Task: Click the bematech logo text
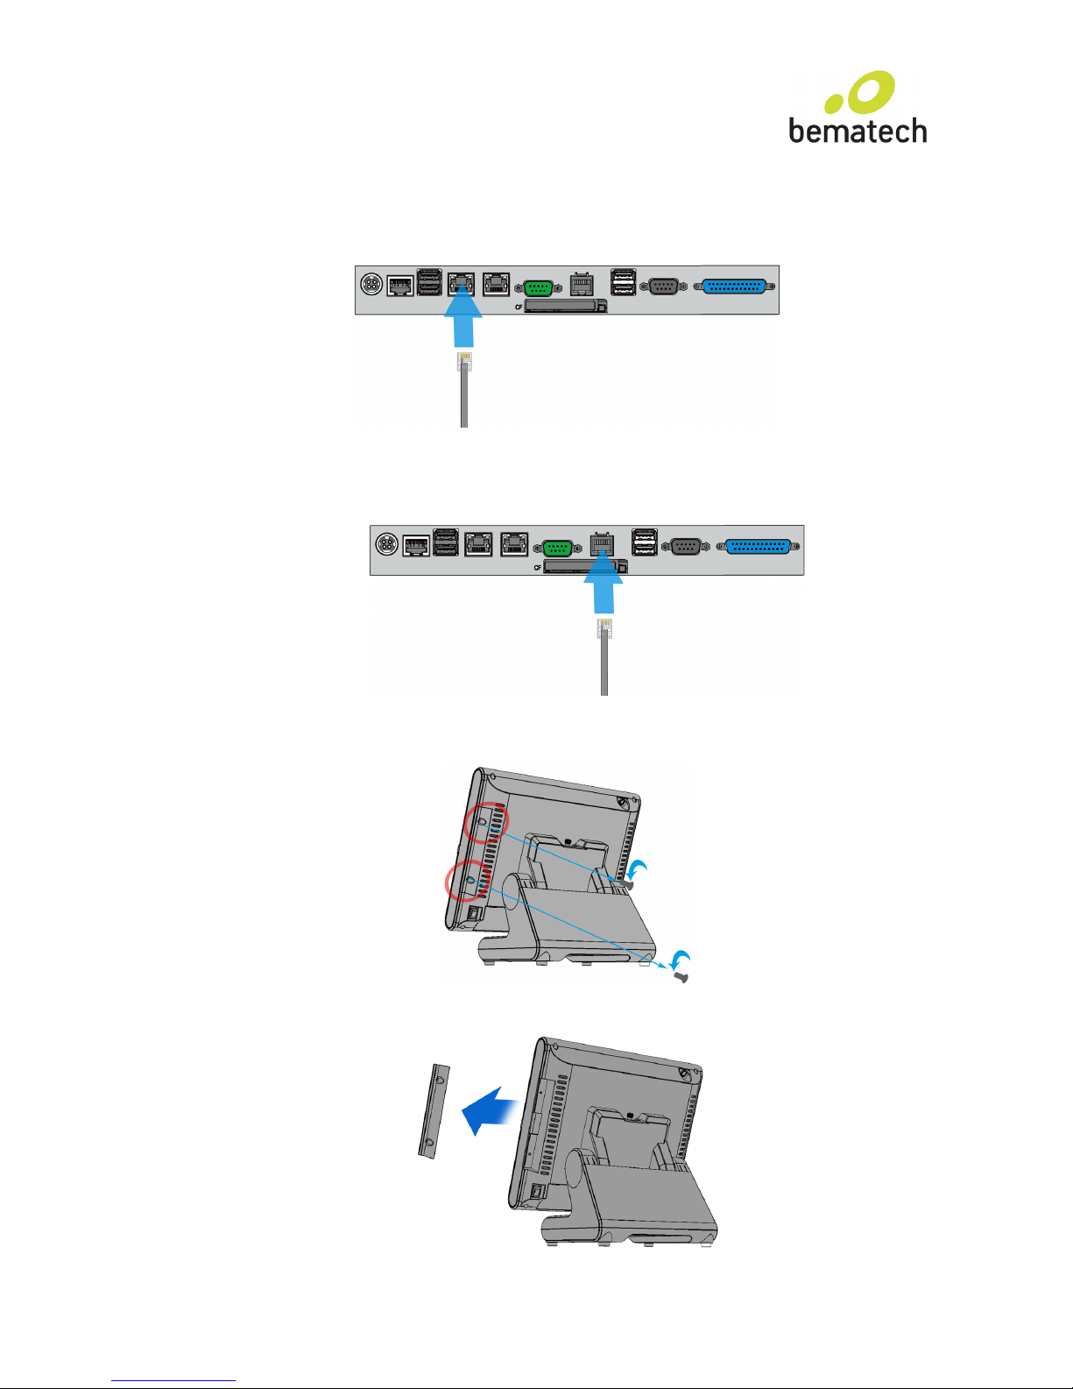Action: coord(858,131)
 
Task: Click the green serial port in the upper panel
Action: coord(538,287)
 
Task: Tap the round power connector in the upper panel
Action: coord(371,284)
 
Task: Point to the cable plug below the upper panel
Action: coord(464,362)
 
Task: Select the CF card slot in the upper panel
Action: coord(565,306)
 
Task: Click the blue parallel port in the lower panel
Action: coord(758,547)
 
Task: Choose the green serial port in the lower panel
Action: coord(558,549)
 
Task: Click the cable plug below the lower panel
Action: coord(604,628)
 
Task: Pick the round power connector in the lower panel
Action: coord(386,544)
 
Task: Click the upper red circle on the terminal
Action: coord(486,823)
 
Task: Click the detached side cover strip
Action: coord(434,1111)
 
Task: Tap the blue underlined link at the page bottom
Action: coord(173,1380)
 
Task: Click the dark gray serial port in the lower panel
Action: coord(685,547)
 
